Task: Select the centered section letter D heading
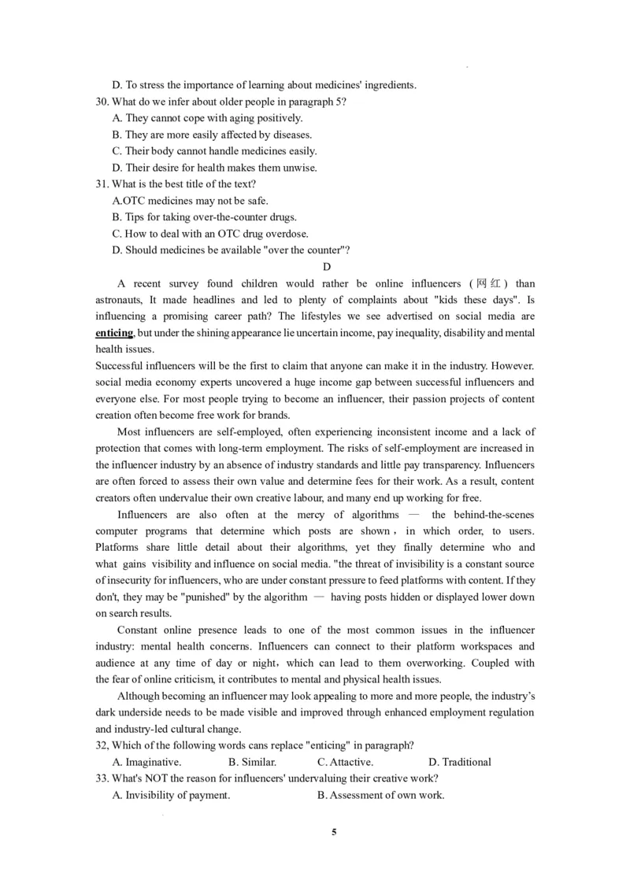327,267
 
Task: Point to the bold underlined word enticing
114,333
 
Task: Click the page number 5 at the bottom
334,832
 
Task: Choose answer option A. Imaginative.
147,762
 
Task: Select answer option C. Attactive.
345,762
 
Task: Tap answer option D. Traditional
460,762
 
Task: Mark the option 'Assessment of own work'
380,795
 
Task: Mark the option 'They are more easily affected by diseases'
213,135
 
